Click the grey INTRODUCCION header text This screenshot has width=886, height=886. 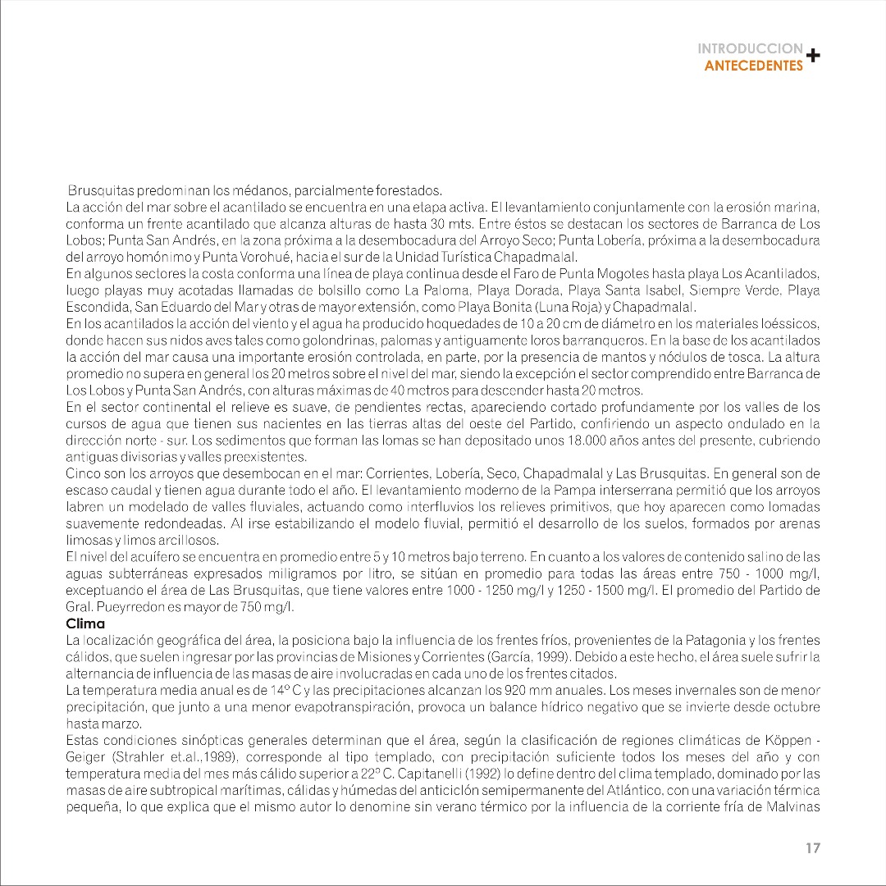[750, 48]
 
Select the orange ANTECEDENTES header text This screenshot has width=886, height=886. [754, 66]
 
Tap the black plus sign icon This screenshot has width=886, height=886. [812, 56]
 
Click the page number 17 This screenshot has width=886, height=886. [812, 848]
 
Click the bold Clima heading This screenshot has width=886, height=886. [85, 623]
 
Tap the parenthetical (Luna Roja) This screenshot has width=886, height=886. [561, 307]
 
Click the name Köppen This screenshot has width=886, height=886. [789, 740]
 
